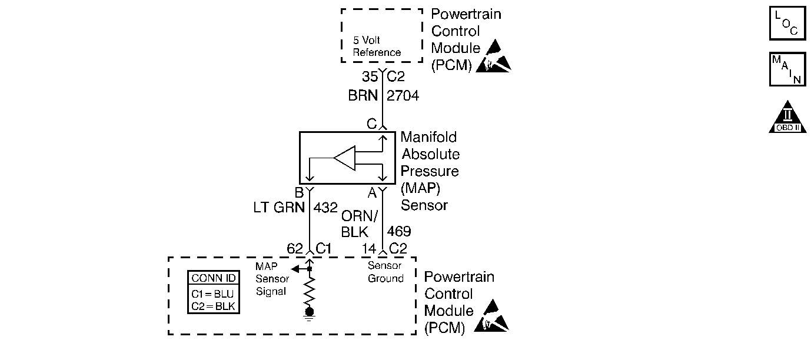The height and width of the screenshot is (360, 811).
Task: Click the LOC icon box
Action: tap(787, 23)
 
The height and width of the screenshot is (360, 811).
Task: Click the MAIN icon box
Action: tap(787, 69)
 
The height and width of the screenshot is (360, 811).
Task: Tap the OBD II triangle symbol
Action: tap(787, 117)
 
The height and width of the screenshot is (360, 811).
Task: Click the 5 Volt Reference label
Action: tap(377, 46)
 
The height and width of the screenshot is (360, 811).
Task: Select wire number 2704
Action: tap(403, 96)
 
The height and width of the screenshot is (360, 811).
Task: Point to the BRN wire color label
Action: tap(363, 96)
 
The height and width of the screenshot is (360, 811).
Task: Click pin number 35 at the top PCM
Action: tap(370, 76)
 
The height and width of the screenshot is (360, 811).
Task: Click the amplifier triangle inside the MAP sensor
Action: tap(345, 158)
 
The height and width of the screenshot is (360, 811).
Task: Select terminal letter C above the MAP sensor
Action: tap(372, 124)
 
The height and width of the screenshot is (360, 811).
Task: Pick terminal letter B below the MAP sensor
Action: tap(299, 192)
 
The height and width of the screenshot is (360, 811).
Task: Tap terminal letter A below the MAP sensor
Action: tap(372, 193)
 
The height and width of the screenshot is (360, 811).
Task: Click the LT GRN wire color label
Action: tap(279, 208)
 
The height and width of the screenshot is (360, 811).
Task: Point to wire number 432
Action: tap(325, 208)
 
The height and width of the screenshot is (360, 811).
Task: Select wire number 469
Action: tap(399, 231)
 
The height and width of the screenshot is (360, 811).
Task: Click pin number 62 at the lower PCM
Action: tap(295, 249)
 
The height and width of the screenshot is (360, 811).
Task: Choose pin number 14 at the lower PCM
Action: tap(369, 249)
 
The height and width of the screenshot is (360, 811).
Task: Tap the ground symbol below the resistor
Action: tap(309, 315)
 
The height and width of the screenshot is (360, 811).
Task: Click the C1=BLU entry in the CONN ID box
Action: tap(212, 294)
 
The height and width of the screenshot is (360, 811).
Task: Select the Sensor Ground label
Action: tap(385, 272)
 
